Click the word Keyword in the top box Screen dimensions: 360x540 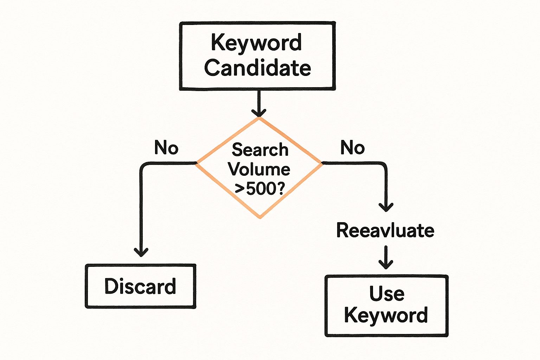[256, 43]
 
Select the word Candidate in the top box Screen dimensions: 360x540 [257, 67]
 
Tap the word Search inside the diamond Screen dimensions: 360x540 [260, 150]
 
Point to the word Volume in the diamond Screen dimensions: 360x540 [259, 169]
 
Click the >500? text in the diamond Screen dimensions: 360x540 [259, 189]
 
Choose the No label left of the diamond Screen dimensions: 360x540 [166, 148]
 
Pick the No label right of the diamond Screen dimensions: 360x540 [352, 148]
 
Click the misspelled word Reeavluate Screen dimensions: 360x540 [385, 231]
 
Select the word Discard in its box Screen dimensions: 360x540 [140, 286]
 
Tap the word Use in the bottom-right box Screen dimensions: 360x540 [387, 294]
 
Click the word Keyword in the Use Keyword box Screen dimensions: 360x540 [386, 315]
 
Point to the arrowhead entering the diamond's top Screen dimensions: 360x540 [259, 113]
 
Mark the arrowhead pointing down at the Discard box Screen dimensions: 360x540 [141, 252]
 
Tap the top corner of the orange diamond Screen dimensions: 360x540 [259, 118]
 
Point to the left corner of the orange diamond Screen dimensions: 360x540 [197, 163]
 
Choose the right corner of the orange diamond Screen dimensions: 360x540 [322, 163]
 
